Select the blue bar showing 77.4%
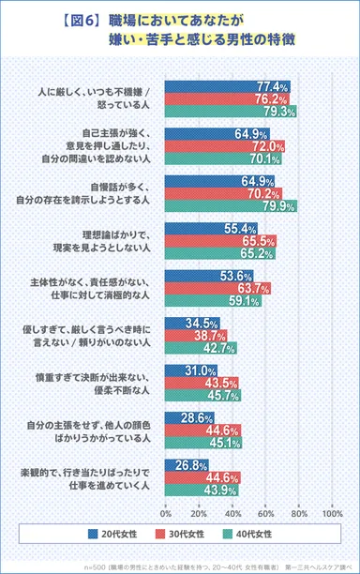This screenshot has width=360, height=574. pos(228,85)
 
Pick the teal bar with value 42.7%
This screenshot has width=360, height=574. pos(200,347)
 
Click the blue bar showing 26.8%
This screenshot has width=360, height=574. pos(187,463)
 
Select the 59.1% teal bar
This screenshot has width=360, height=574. pos(213,300)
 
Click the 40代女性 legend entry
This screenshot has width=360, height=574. pos(251,533)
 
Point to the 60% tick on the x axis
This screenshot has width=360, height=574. pos(265,513)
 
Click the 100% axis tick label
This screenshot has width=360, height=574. pos(331,513)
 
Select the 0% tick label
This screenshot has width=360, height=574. pos(166,513)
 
